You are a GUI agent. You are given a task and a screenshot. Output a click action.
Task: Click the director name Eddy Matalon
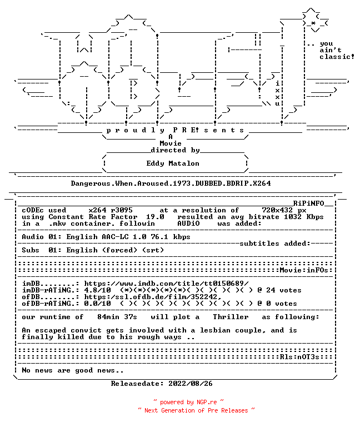click(x=173, y=163)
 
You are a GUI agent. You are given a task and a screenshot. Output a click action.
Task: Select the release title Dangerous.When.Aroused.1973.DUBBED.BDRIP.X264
click(x=171, y=183)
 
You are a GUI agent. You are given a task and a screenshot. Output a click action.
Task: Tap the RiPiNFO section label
click(x=308, y=203)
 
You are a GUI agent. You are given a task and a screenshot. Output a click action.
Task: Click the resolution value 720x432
click(x=277, y=210)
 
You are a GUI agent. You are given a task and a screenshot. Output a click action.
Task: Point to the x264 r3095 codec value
click(x=111, y=210)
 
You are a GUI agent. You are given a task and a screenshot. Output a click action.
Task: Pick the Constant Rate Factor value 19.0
click(x=155, y=217)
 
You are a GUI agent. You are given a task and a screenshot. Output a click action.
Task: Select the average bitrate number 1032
click(x=293, y=217)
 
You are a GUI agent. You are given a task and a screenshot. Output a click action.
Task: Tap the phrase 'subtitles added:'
click(x=275, y=244)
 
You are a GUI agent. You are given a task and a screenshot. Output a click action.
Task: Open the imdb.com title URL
click(x=166, y=284)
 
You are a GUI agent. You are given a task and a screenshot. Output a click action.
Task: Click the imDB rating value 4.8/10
click(x=97, y=290)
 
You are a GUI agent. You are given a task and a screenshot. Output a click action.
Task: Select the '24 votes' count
click(x=284, y=290)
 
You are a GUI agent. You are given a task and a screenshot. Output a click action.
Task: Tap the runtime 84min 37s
click(x=117, y=317)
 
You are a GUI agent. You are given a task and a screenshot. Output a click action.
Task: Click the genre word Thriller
click(x=231, y=317)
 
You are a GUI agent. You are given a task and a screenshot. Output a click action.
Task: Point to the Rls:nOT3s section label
click(x=299, y=357)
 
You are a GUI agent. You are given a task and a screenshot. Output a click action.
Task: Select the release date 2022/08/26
click(x=191, y=384)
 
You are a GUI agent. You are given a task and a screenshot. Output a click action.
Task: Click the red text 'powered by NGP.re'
click(x=188, y=402)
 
